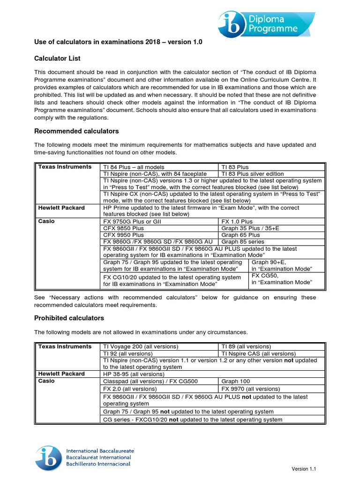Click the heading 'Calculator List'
coord(57,58)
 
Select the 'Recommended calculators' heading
coord(76,131)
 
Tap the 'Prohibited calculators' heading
coord(69,318)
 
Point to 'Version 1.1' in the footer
coord(307,469)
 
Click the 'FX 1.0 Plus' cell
coord(237,221)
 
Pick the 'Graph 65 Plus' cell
coord(240,235)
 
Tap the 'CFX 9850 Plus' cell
coord(124,228)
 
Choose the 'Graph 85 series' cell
coord(243,242)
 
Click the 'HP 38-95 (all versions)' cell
coord(134,374)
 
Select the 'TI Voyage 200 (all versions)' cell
coord(141,346)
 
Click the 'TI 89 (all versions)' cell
coord(246,346)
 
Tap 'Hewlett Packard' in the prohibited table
coord(61,374)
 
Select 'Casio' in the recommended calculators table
coord(46,221)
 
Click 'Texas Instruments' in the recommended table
coord(65,167)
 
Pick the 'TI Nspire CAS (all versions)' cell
coord(258,353)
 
